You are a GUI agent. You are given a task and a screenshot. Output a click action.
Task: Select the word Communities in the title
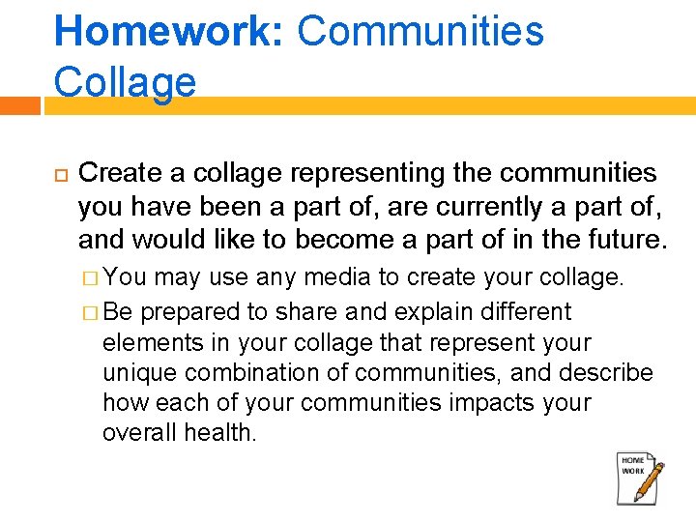coord(420,31)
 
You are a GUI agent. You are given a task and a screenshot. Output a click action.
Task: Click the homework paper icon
coord(634,476)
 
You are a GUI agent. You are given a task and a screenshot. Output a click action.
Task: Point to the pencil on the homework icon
coord(649,483)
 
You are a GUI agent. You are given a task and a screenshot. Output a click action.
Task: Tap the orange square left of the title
coord(19,104)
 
